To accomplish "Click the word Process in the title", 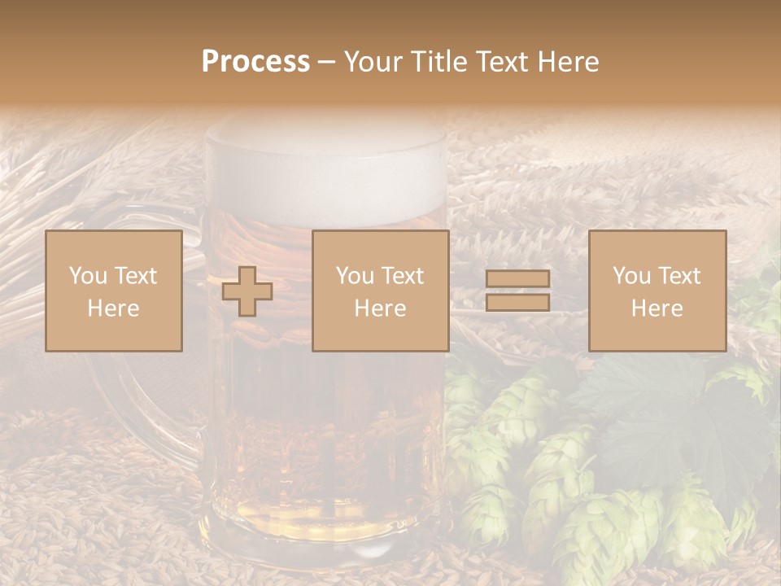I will (x=255, y=62).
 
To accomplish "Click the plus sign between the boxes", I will (x=247, y=291).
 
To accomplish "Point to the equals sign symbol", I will (x=517, y=291).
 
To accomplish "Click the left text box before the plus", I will (x=114, y=291).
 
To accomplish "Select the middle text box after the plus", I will (x=381, y=291).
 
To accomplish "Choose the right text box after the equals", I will (x=657, y=291).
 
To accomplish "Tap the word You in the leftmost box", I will (x=88, y=276).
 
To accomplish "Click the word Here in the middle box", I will (x=381, y=308).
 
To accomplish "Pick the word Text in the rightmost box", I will (x=678, y=276).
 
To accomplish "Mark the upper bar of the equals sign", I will (x=517, y=279).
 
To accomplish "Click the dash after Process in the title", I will (x=326, y=62).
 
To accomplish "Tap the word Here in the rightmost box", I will (x=657, y=308).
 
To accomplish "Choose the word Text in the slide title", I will (x=501, y=62).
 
